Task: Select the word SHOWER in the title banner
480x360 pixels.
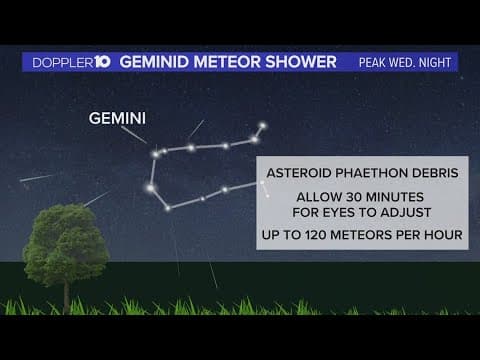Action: [304, 62]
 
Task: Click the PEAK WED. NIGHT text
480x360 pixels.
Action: [405, 63]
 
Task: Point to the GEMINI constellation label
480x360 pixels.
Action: [117, 119]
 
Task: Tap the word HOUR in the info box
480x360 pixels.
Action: [443, 235]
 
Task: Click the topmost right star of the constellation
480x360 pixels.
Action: [263, 126]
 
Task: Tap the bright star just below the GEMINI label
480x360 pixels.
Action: [155, 153]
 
